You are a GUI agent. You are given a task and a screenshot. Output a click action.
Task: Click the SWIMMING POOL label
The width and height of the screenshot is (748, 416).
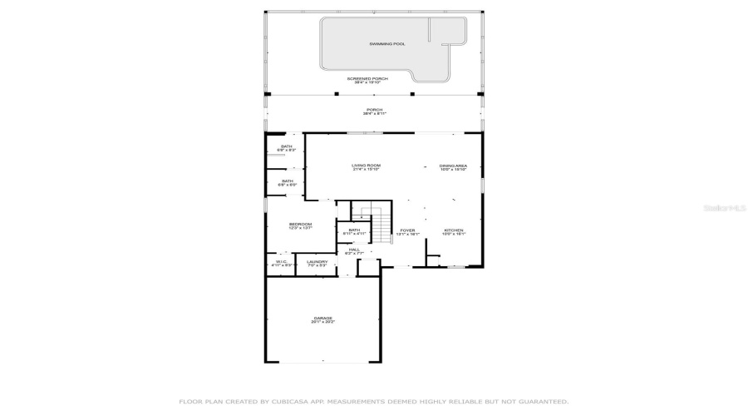click(387, 44)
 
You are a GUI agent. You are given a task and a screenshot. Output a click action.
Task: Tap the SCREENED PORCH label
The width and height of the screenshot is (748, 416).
click(367, 78)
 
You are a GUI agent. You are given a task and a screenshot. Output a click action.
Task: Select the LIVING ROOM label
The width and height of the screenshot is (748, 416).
click(366, 166)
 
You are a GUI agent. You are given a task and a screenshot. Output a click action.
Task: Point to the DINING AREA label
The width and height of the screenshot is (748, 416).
click(453, 166)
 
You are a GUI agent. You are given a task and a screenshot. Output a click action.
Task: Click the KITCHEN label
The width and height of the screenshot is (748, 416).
click(453, 230)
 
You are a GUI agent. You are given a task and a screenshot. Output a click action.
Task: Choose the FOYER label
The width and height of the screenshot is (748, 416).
click(407, 230)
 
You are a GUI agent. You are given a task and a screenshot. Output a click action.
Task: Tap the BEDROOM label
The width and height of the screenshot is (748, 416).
click(300, 224)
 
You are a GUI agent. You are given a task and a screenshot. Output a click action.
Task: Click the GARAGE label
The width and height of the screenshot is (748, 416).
click(322, 317)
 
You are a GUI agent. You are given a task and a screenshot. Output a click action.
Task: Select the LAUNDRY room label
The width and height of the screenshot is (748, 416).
click(317, 262)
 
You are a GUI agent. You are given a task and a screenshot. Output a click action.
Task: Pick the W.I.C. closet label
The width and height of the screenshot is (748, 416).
click(281, 262)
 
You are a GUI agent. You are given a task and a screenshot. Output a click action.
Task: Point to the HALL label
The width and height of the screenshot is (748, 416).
click(354, 249)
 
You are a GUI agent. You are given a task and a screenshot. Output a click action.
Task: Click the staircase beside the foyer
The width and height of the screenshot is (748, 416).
click(381, 225)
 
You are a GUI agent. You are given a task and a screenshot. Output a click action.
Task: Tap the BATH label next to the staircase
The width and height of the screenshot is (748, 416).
click(354, 230)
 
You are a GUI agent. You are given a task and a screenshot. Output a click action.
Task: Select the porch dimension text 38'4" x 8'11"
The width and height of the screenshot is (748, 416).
click(375, 113)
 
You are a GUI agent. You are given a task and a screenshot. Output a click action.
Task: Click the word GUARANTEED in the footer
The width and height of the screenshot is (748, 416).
click(542, 402)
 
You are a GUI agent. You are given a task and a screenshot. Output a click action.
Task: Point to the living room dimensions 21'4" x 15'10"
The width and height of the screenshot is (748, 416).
click(366, 170)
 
